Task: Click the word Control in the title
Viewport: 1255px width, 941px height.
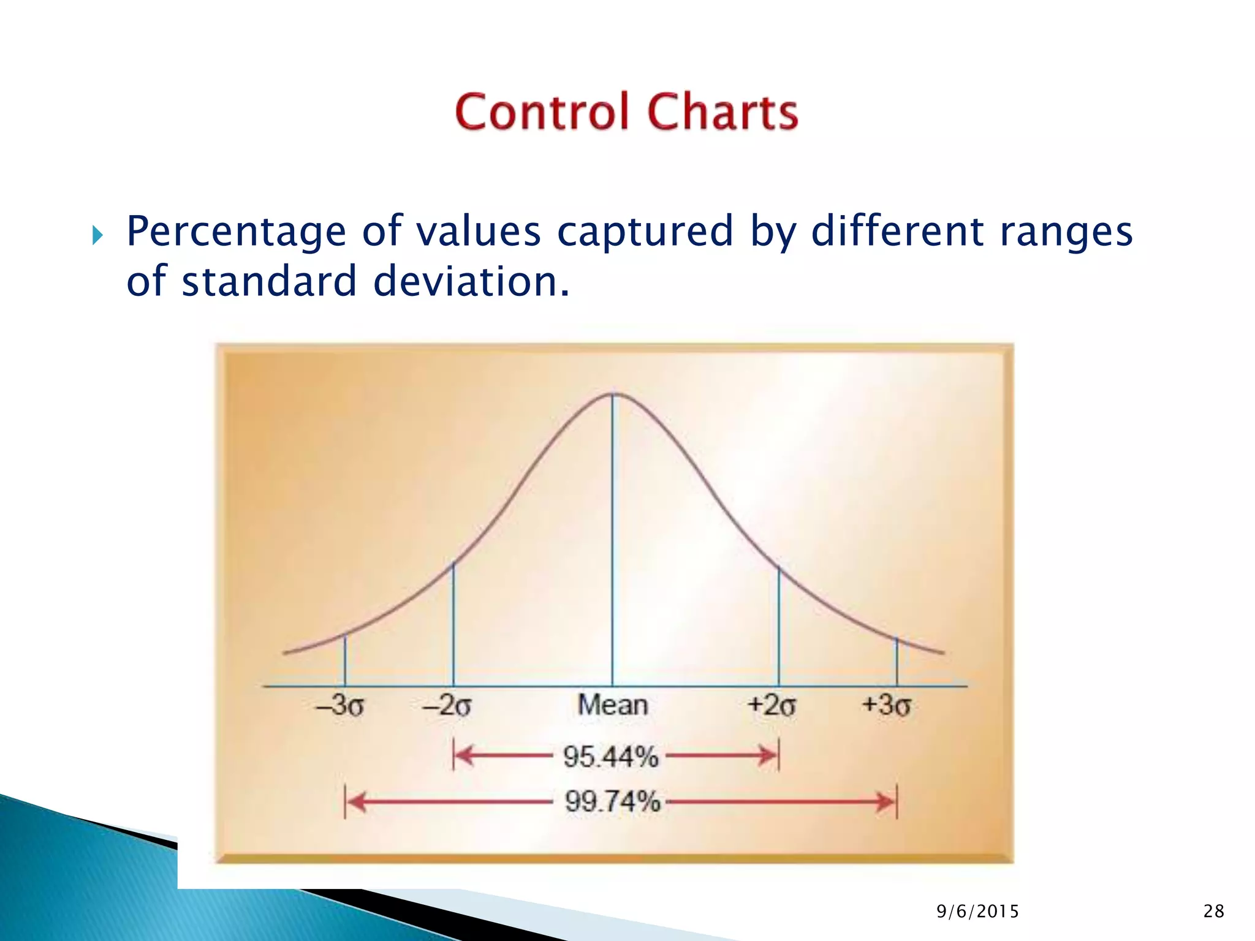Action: (x=542, y=112)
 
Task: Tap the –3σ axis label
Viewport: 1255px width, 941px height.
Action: (x=340, y=705)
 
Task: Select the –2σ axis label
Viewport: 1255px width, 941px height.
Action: (x=447, y=705)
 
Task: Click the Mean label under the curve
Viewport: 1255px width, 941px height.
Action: (x=612, y=705)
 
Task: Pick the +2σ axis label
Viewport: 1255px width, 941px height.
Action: (x=772, y=705)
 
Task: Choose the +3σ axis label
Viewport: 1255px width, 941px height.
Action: (x=886, y=705)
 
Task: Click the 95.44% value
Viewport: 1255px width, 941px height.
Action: (x=610, y=757)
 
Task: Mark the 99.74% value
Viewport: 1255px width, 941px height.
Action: (x=612, y=801)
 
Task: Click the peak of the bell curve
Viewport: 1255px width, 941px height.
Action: (x=613, y=395)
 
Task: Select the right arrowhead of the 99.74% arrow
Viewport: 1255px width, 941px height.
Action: (x=886, y=801)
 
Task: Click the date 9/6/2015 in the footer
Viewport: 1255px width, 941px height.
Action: (x=977, y=912)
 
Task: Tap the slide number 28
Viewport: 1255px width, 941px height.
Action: (x=1213, y=912)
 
